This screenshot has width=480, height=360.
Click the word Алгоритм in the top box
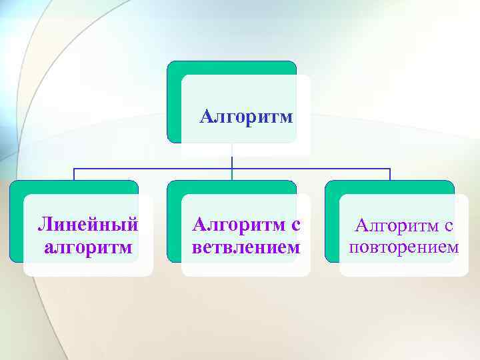pos(247,118)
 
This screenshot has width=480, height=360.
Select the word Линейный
pos(88,224)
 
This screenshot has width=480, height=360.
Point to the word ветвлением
pos(246,247)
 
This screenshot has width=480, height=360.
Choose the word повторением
pos(403,247)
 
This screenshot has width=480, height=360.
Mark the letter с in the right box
pos(449,227)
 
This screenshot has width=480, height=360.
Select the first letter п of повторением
pos(353,248)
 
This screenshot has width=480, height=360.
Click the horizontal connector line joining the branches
pos(153,168)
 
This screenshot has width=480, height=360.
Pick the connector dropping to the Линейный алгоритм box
pos(74,174)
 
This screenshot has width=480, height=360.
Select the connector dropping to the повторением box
pos(389,174)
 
